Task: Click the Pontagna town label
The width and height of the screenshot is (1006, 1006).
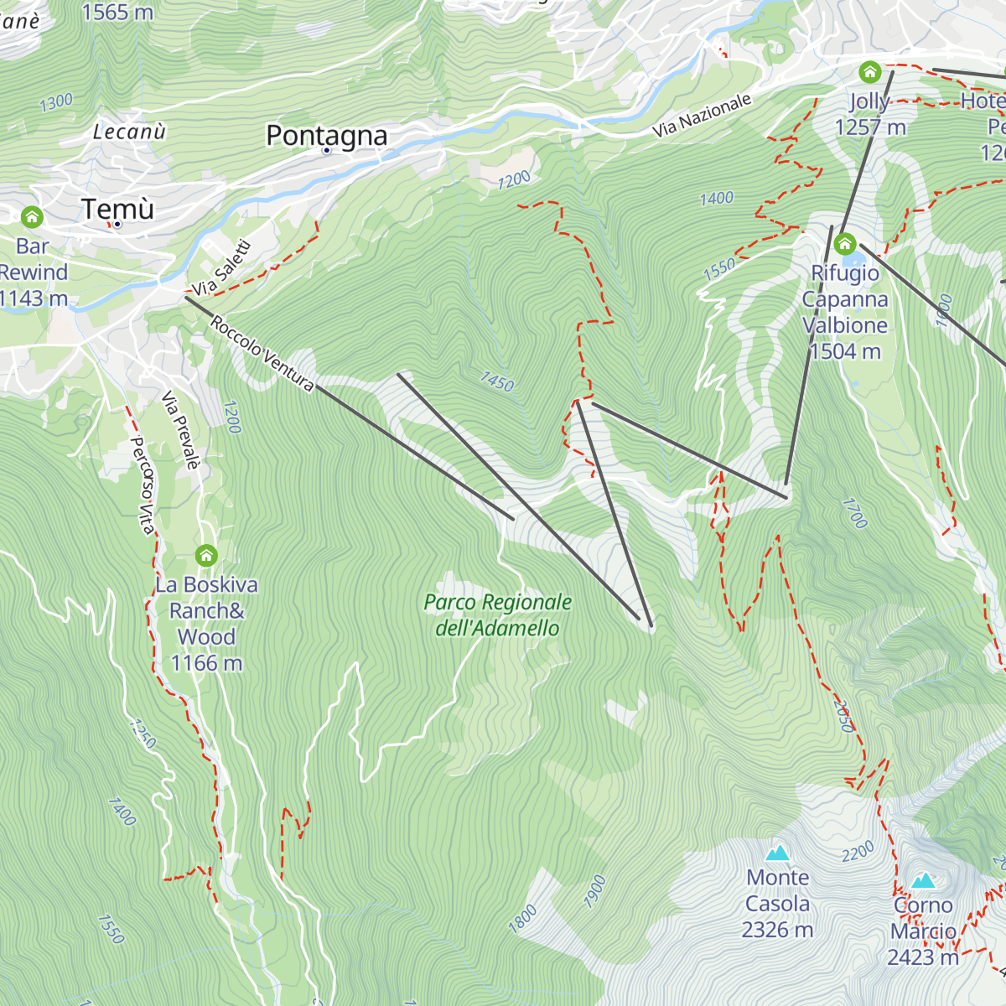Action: [x=326, y=135]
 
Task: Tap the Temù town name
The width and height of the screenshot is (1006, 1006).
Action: [x=118, y=208]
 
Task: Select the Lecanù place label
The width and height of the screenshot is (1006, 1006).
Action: [x=129, y=132]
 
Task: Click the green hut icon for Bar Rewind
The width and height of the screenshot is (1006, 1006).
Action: [x=32, y=217]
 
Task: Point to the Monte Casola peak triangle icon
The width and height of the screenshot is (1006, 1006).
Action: [x=778, y=853]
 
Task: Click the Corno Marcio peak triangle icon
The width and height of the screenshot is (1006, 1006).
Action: [x=923, y=880]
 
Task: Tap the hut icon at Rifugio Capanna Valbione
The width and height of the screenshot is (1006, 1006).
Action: [x=844, y=244]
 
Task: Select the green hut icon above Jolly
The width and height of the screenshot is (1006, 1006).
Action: [x=870, y=71]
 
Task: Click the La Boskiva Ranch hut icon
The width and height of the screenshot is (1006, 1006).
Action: [x=206, y=555]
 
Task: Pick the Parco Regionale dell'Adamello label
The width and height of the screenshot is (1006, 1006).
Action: [x=497, y=614]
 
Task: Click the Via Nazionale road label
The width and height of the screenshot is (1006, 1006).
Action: [x=702, y=116]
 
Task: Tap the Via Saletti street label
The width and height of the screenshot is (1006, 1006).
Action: [x=221, y=267]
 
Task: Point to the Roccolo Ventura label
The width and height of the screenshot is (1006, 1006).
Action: [x=262, y=353]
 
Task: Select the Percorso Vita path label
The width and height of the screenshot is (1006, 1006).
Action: [x=143, y=485]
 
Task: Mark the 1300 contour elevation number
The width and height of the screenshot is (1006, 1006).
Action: [x=56, y=103]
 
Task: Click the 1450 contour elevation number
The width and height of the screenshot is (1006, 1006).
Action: [x=497, y=381]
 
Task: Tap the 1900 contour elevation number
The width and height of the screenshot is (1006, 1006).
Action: [x=594, y=891]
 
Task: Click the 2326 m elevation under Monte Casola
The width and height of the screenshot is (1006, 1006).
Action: [x=777, y=930]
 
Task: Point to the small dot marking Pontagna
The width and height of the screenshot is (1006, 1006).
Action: [x=326, y=151]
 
